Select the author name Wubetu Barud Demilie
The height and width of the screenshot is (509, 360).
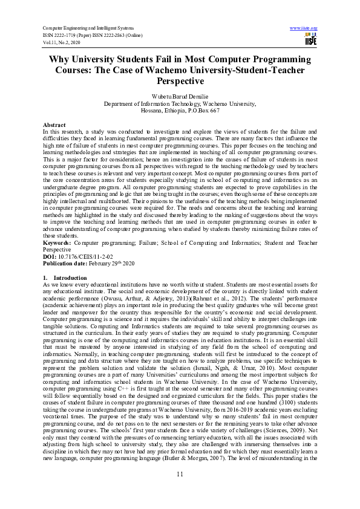179,97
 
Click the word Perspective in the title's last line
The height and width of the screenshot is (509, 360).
180,80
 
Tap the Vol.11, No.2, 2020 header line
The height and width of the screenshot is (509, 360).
64,42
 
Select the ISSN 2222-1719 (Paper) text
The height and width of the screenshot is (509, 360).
70,35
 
